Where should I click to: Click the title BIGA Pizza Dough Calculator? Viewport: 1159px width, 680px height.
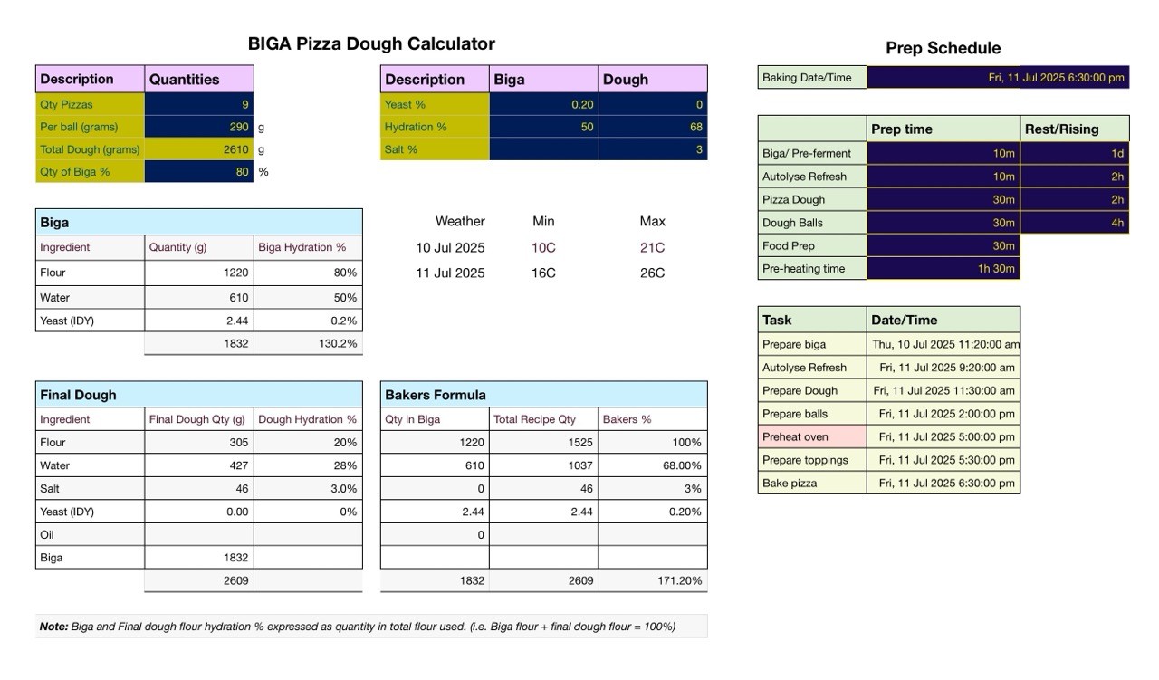tap(371, 43)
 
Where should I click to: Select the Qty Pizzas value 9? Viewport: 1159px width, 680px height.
tap(244, 104)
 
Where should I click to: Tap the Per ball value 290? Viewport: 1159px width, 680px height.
tap(239, 127)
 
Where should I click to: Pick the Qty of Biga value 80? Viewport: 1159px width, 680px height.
tap(242, 172)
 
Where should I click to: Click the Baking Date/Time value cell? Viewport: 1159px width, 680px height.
tap(998, 78)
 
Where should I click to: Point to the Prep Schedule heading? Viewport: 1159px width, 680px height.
tap(943, 48)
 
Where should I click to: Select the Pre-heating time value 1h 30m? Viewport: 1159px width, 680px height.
tap(996, 269)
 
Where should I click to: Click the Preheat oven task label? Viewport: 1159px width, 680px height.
tap(795, 436)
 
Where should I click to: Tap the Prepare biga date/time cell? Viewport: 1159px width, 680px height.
tap(943, 344)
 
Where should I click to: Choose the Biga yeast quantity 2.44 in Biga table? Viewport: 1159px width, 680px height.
tap(237, 321)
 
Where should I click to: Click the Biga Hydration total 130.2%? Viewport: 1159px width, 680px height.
tap(338, 344)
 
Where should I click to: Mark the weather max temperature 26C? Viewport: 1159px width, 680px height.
tap(652, 273)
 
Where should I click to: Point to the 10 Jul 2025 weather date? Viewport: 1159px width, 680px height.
tap(450, 248)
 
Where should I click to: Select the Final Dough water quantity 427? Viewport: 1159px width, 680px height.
tap(238, 465)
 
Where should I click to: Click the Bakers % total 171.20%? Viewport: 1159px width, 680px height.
tap(679, 580)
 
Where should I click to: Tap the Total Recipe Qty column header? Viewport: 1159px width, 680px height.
tap(534, 419)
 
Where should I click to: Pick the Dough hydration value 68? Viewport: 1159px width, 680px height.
tap(696, 127)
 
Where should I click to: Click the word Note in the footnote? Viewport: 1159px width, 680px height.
tap(53, 627)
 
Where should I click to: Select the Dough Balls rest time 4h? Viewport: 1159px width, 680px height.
tap(1117, 223)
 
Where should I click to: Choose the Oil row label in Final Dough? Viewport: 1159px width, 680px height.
tap(46, 534)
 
